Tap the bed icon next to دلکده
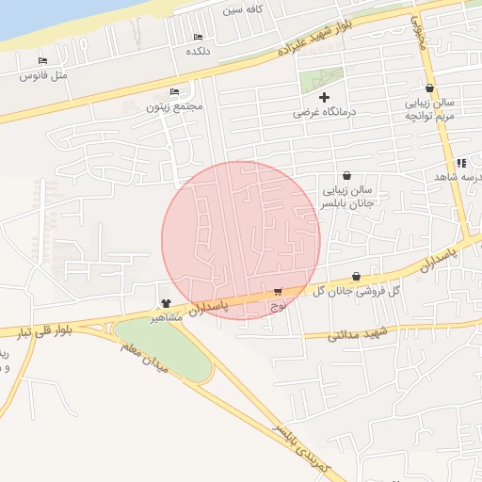click(198, 37)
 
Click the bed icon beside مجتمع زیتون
click(174, 91)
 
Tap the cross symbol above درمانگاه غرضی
click(325, 97)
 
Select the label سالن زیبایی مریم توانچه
click(429, 109)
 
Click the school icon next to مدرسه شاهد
click(461, 163)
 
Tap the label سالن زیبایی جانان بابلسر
click(346, 196)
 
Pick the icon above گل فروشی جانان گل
click(356, 276)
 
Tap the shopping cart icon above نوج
click(278, 292)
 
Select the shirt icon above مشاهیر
click(166, 303)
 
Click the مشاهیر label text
click(166, 318)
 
